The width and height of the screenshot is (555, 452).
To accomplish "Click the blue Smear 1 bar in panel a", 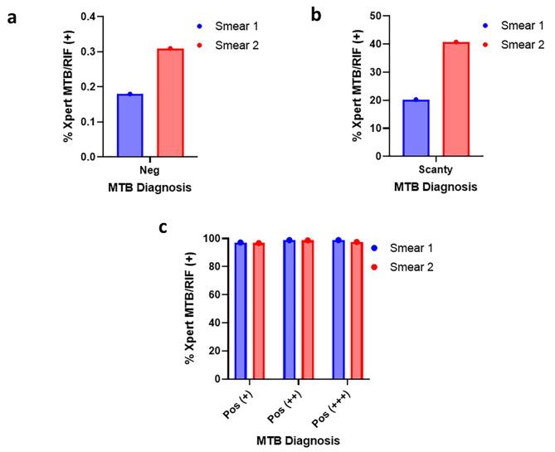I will pos(129,125).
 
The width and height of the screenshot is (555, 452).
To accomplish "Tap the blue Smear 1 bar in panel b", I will pos(416,128).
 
